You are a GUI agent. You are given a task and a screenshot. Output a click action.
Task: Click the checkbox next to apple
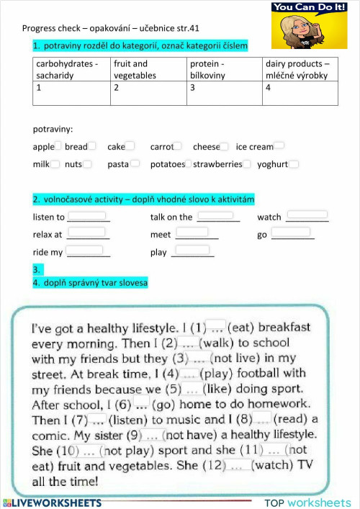pyautogui.click(x=60, y=146)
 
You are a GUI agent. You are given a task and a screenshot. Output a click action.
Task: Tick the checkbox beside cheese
pyautogui.click(x=225, y=146)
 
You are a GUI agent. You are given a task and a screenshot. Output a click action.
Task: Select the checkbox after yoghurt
pyautogui.click(x=294, y=164)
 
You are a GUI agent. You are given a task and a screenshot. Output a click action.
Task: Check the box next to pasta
pyautogui.click(x=135, y=164)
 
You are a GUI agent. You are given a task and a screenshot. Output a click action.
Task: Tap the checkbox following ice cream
pyautogui.click(x=279, y=146)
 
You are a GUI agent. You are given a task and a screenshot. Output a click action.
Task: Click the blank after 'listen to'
pyautogui.click(x=87, y=216)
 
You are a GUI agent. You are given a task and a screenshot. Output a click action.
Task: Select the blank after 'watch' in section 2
pyautogui.click(x=307, y=215)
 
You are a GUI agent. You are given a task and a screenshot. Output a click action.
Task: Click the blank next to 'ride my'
pyautogui.click(x=85, y=251)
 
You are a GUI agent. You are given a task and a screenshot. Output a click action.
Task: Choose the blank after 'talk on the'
pyautogui.click(x=215, y=215)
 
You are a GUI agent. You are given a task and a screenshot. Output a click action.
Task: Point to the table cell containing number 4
pyautogui.click(x=300, y=93)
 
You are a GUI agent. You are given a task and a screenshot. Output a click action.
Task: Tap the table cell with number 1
pyautogui.click(x=71, y=93)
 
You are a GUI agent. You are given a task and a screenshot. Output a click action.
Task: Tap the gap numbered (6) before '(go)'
pyautogui.click(x=141, y=404)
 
